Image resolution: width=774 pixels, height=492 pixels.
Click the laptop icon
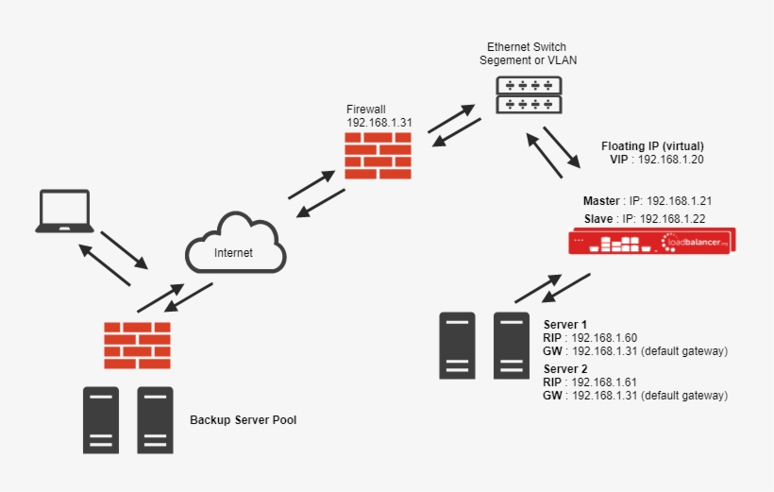click(63, 212)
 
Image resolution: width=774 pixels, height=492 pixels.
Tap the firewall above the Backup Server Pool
click(138, 345)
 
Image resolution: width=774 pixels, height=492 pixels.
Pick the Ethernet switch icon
click(529, 94)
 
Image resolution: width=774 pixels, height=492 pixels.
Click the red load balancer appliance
click(650, 243)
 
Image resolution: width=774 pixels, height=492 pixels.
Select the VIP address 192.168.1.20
click(671, 161)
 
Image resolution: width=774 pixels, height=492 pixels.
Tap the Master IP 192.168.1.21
click(674, 201)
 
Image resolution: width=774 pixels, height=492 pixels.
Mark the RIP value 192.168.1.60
click(604, 337)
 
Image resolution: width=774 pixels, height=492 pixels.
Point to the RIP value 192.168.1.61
click(604, 382)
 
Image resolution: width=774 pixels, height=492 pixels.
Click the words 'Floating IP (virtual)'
click(652, 146)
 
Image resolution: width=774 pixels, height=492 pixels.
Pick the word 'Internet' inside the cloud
click(234, 252)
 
